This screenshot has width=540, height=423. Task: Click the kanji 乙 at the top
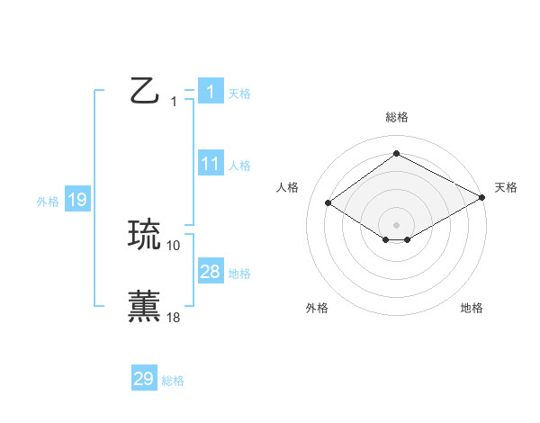tap(145, 91)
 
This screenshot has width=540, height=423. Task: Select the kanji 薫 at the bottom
tap(145, 306)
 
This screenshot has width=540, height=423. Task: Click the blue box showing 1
tap(210, 91)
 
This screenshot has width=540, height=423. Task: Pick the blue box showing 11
tap(210, 164)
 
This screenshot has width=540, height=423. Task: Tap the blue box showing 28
tap(210, 272)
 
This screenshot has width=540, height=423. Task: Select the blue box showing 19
tap(77, 200)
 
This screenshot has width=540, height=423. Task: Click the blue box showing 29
tap(144, 379)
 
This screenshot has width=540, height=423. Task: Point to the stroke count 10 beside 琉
tap(174, 246)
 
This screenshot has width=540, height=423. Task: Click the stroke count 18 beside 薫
tap(174, 317)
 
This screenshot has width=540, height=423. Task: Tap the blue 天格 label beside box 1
tap(239, 94)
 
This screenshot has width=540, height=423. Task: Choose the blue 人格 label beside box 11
tap(239, 166)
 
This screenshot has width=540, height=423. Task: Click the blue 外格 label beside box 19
tap(48, 202)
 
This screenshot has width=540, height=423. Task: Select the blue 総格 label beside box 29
tap(173, 382)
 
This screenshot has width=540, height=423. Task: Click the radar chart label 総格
tap(397, 117)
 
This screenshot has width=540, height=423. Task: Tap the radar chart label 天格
tap(506, 187)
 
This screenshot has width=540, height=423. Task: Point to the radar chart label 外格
tap(317, 309)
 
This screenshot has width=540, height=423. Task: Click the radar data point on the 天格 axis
tap(482, 198)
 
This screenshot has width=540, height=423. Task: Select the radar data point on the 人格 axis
tap(328, 203)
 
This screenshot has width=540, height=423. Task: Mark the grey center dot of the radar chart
tap(397, 224)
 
